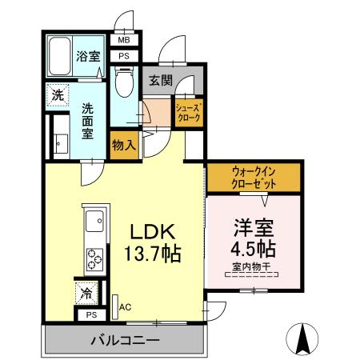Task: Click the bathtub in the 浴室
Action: coord(60,56)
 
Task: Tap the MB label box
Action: coord(124,41)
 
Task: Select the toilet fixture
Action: coord(123,82)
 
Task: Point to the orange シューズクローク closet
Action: coord(189,113)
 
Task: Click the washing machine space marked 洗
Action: coord(58,94)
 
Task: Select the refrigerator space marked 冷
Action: coord(86,293)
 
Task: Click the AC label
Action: coord(125,306)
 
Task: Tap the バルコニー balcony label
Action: coord(124,339)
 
